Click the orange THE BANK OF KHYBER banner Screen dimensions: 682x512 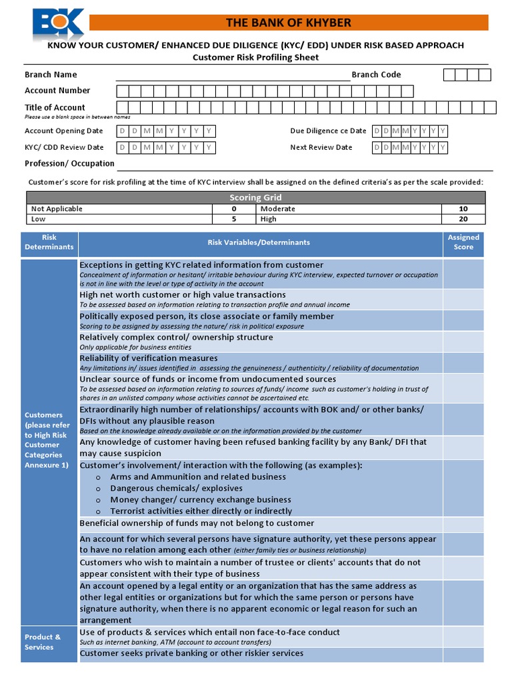pos(288,23)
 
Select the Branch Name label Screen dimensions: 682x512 pos(51,75)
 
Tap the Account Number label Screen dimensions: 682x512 pos(57,91)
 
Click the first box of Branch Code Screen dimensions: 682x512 pos(449,75)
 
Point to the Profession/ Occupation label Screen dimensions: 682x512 pos(69,163)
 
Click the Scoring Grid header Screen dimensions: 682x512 pos(255,197)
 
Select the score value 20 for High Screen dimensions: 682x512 pos(463,218)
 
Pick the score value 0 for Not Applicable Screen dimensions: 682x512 pos(233,208)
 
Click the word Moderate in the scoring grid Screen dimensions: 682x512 pos(277,208)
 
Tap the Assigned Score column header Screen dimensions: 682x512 pos(463,242)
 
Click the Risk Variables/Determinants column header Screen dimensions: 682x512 pos(259,242)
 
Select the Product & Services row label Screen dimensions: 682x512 pos(43,642)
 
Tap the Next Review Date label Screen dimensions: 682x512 pos(321,147)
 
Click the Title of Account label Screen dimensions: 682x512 pos(55,107)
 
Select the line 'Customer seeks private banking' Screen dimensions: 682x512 pos(191,653)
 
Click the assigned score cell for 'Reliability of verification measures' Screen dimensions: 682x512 pos(463,362)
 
